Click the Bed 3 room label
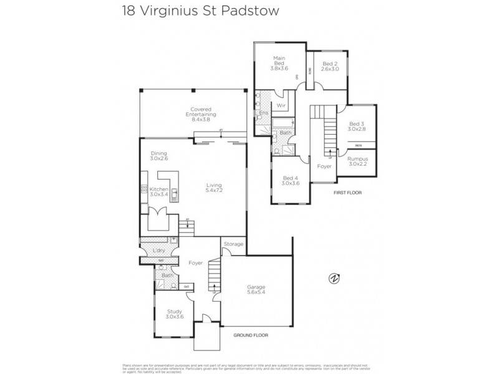point(357,127)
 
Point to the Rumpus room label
point(357,161)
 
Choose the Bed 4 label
point(291,181)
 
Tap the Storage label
point(233,244)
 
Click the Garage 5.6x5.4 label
point(257,292)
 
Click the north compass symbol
point(334,279)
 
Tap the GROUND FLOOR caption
point(251,335)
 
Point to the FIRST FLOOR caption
point(347,193)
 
